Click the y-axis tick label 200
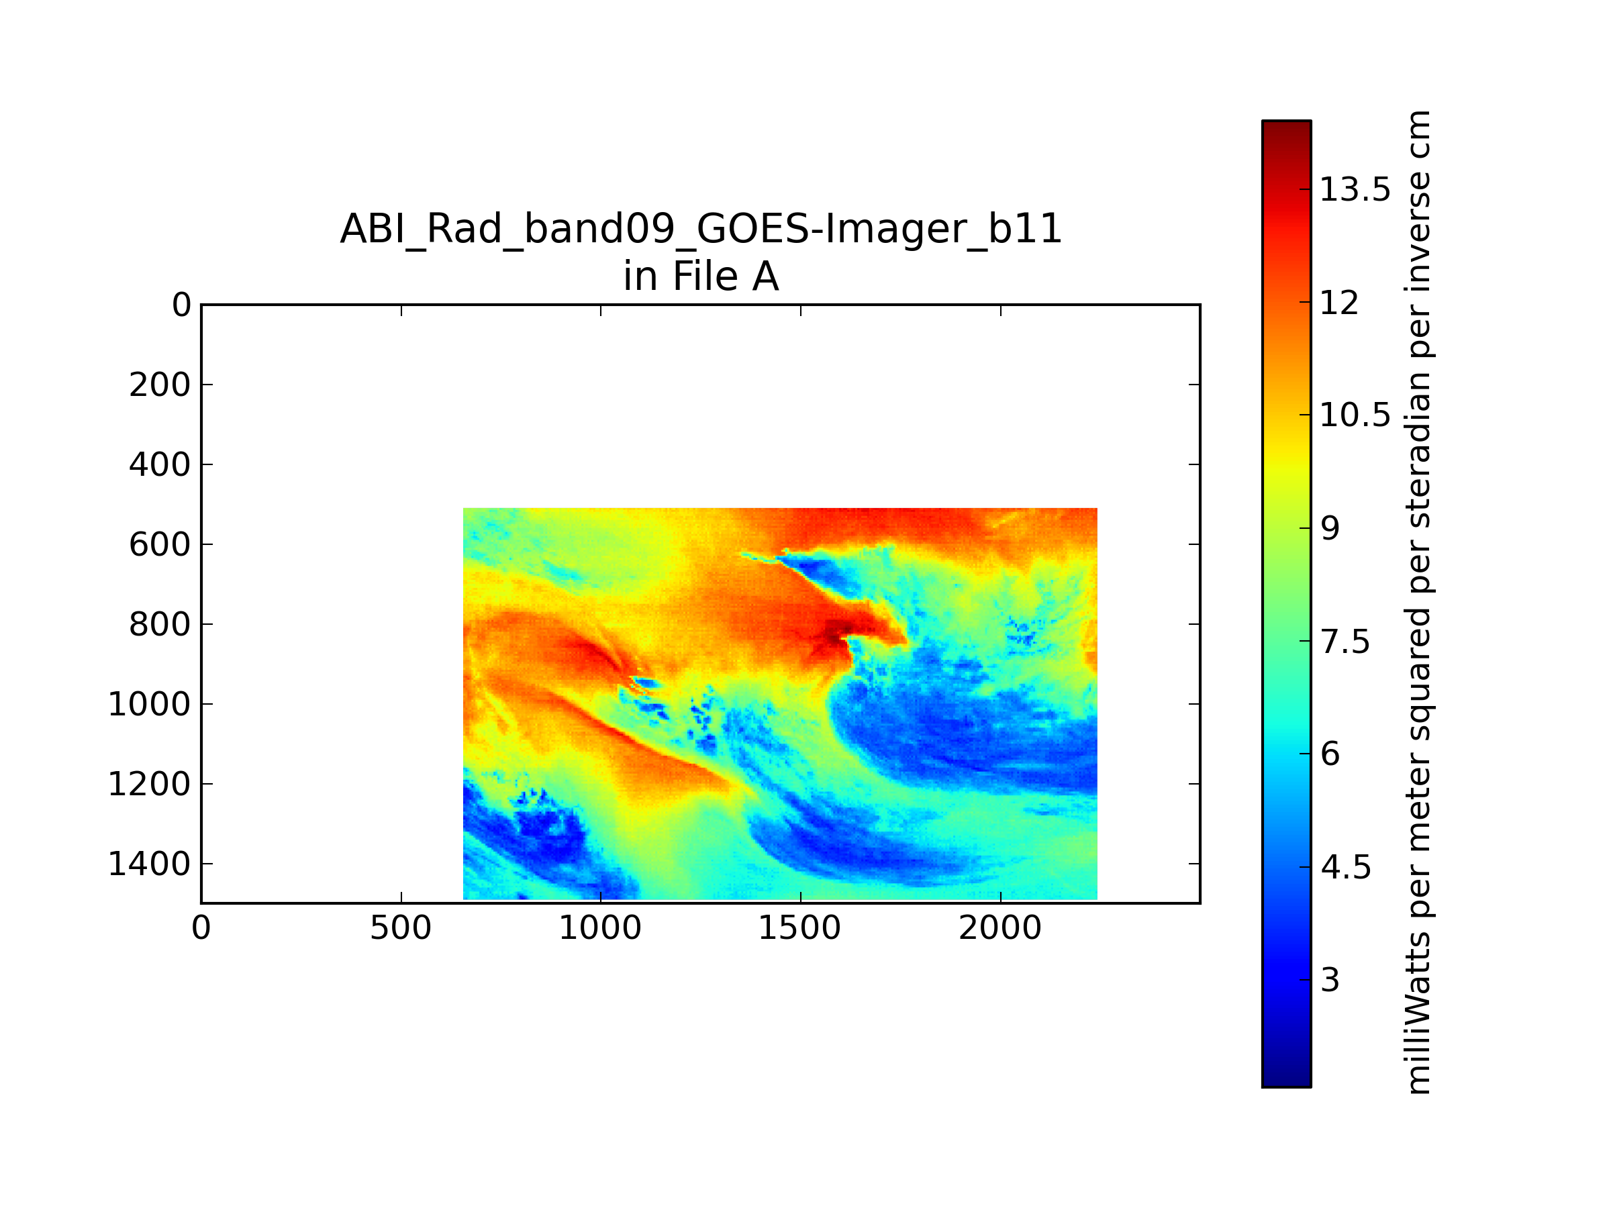[x=160, y=385]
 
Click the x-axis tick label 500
[x=401, y=928]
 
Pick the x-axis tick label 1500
[x=799, y=928]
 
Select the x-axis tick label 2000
[x=1000, y=928]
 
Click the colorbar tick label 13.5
[x=1355, y=189]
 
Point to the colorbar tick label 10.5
[x=1355, y=415]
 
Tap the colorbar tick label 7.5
[x=1345, y=642]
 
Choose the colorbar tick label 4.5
[x=1345, y=867]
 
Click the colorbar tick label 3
[x=1330, y=980]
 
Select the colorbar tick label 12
[x=1339, y=302]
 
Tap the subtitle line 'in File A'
[x=701, y=276]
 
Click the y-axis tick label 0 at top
[x=181, y=305]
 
